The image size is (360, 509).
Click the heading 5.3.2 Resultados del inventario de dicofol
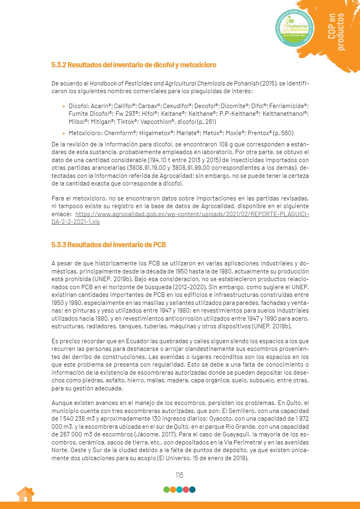[x=134, y=65]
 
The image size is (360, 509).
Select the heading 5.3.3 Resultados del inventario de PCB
[x=109, y=245]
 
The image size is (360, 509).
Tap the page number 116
[x=179, y=475]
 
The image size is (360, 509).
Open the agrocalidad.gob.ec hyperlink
[x=180, y=218]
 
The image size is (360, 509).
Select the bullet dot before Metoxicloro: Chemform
[x=63, y=134]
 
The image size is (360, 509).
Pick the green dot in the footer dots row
[x=166, y=490]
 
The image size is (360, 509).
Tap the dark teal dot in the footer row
[x=193, y=490]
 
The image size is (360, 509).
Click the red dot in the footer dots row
[x=186, y=490]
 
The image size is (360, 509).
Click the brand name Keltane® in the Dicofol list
[x=172, y=114]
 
